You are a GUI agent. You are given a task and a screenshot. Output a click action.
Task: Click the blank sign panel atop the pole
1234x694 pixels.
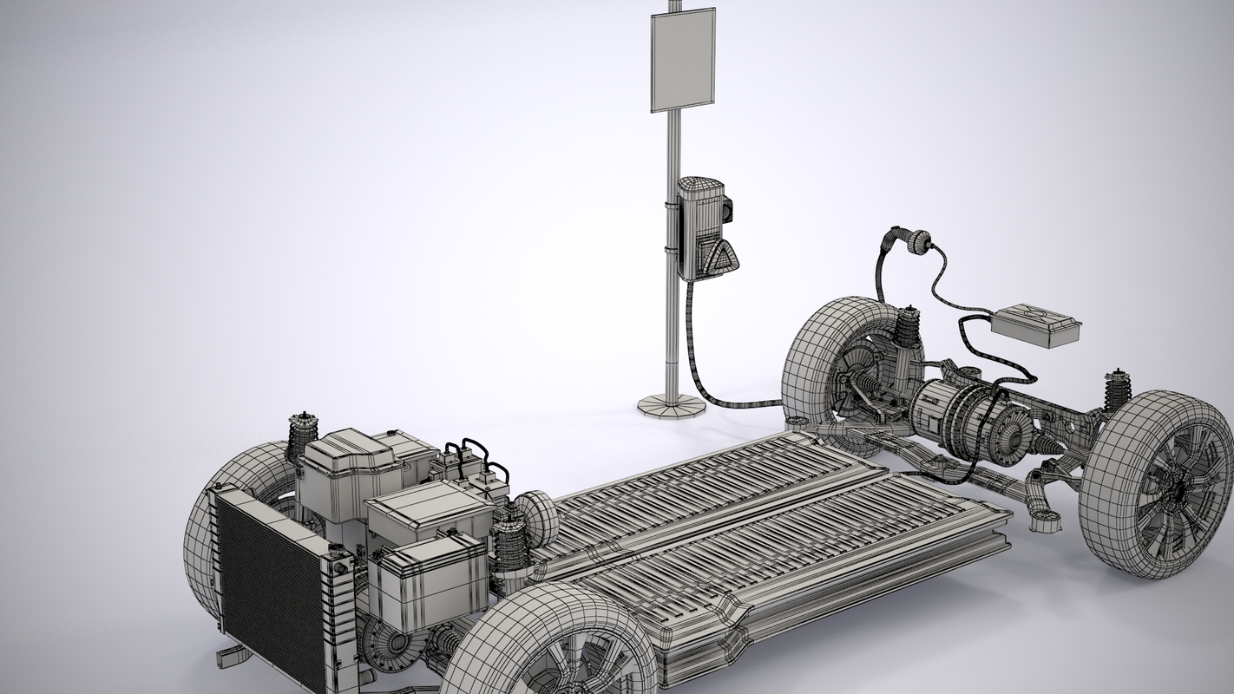pyautogui.click(x=683, y=61)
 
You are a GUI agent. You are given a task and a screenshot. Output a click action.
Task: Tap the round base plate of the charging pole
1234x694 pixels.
pyautogui.click(x=670, y=405)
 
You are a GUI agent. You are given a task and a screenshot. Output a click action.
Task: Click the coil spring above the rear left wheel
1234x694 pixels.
pyautogui.click(x=908, y=331)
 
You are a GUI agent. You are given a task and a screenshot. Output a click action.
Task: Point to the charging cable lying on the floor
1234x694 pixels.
pyautogui.click(x=738, y=403)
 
